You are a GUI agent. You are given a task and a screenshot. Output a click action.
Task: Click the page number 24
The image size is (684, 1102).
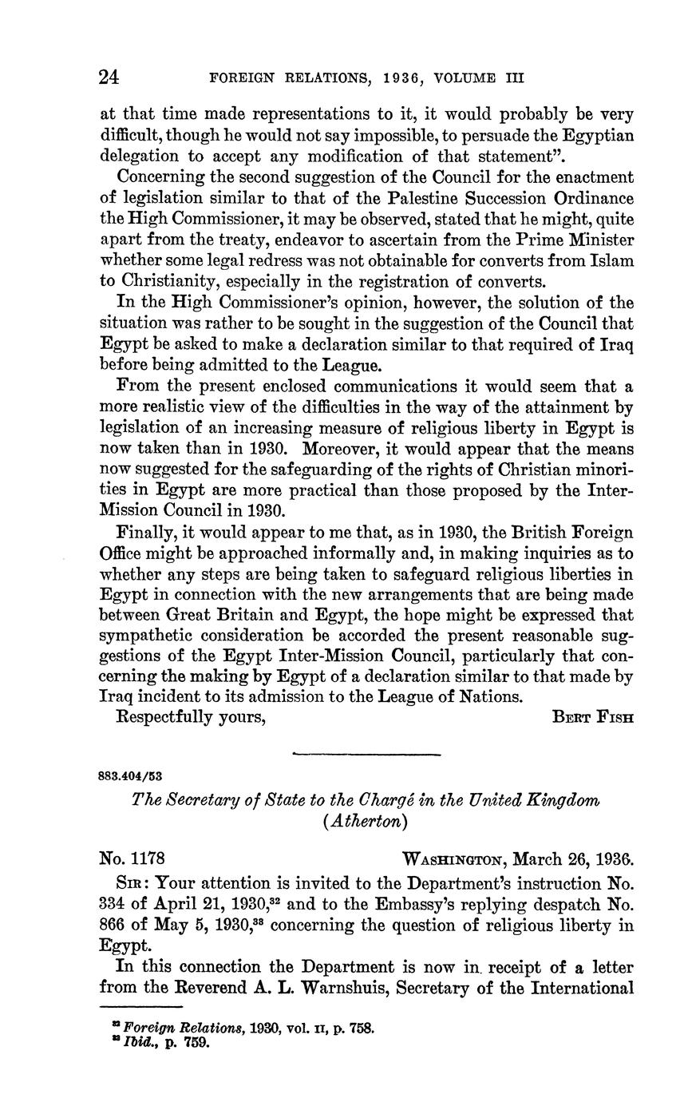tap(109, 77)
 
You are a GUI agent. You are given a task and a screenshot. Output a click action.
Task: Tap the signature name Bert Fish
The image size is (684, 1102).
tap(593, 717)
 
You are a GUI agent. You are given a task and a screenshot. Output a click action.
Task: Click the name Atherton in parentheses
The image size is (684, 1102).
tap(366, 821)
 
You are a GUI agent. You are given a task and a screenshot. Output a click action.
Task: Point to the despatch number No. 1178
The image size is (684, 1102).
tap(132, 859)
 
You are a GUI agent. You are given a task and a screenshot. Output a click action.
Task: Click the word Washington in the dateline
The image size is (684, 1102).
tap(454, 860)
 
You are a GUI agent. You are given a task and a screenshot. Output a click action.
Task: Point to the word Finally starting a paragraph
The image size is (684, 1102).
tap(146, 532)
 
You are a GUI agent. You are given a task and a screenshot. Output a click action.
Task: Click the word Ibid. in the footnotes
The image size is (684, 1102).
tap(132, 1042)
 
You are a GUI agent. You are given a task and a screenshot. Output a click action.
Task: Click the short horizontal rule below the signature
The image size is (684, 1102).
tap(366, 754)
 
